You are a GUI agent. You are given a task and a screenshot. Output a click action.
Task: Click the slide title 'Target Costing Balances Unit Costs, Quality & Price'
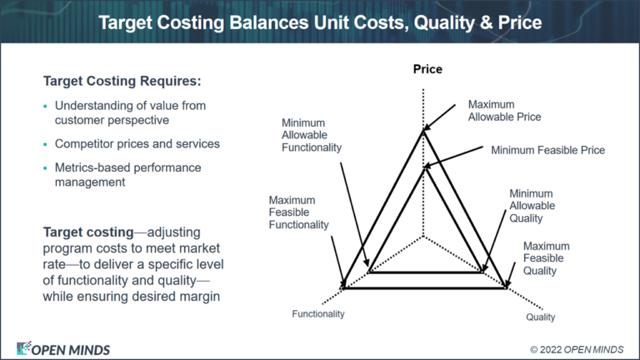[320, 22]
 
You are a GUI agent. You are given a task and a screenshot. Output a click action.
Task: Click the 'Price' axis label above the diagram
[427, 69]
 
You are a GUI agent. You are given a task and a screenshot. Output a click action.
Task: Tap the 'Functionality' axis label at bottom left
[317, 314]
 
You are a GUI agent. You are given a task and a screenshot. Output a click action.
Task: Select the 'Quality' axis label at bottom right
[540, 317]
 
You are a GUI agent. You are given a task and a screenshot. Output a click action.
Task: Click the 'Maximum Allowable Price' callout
[503, 111]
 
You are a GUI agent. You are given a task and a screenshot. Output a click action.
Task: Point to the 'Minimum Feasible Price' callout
[547, 150]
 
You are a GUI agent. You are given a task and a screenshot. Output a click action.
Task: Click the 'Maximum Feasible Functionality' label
[298, 212]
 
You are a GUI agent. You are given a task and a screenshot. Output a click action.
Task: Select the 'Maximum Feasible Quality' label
[546, 258]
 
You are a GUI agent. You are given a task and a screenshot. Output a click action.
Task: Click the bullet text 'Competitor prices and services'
[137, 143]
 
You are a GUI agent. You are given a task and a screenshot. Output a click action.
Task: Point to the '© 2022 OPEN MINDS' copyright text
[576, 348]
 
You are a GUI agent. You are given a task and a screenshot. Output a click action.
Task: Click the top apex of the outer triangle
[426, 129]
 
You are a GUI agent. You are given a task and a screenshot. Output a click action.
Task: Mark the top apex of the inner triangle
[426, 165]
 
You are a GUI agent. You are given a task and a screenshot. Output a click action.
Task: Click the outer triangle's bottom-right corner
[507, 288]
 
